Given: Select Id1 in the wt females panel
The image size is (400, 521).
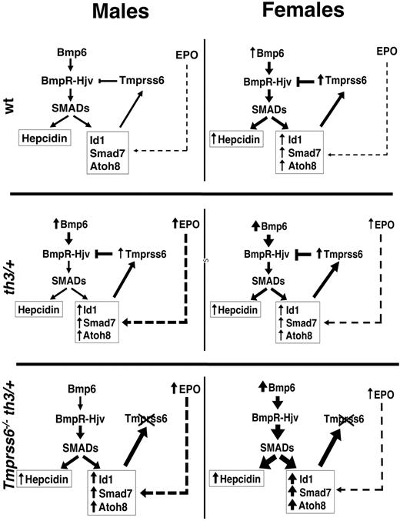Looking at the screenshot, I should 286,138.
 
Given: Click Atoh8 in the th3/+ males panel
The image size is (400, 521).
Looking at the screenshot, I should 110,335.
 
